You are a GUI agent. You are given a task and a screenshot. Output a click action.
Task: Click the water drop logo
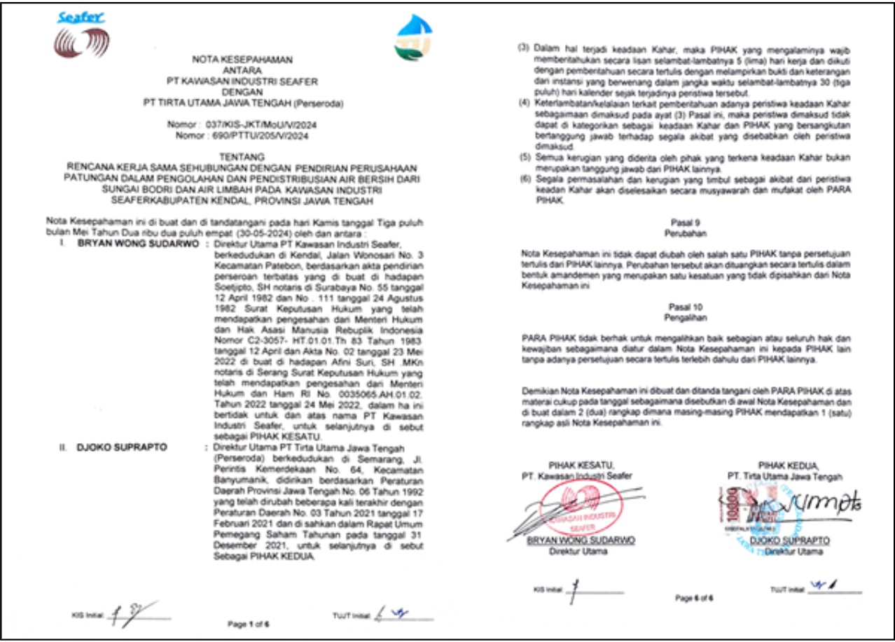(413, 39)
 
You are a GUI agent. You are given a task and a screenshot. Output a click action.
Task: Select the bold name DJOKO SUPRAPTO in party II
(113, 447)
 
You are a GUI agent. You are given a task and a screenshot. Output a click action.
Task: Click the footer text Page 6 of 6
(694, 599)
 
